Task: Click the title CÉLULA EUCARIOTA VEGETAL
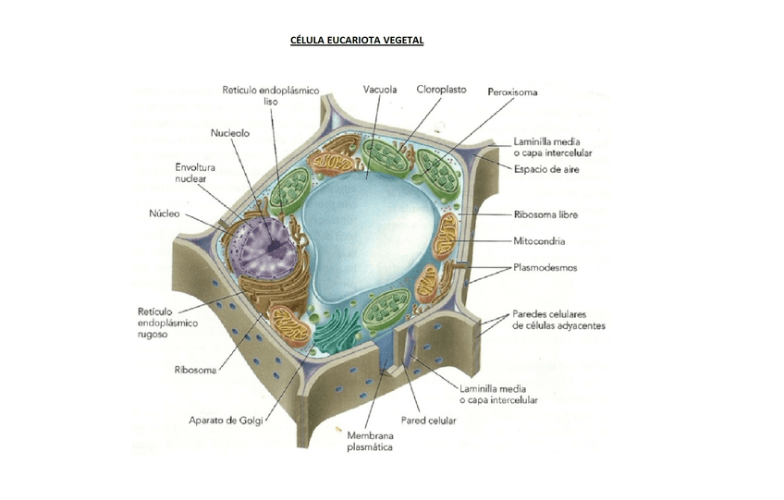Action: point(357,42)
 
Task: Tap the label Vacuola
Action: point(380,90)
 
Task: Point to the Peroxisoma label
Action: point(512,91)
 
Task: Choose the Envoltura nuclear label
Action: point(195,173)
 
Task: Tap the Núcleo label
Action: point(164,213)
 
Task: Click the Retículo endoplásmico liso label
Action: point(270,95)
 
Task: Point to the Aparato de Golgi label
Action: point(227,421)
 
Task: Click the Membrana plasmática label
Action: point(370,441)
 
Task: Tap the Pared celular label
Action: point(428,421)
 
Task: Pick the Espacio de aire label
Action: point(547,169)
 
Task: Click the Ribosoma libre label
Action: point(545,214)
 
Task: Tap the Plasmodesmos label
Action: point(546,268)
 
